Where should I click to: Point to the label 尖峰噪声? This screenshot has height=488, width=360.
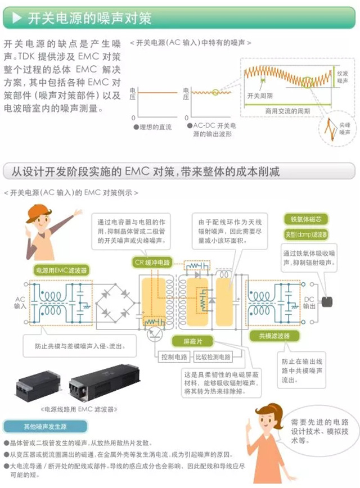coord(344,130)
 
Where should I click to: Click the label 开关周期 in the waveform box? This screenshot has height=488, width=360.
coord(260,96)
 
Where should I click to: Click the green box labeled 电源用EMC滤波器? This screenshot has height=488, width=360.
coord(61,269)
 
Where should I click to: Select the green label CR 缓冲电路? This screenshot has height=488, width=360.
coord(151,262)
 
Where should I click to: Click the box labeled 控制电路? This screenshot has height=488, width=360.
coord(174,357)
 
